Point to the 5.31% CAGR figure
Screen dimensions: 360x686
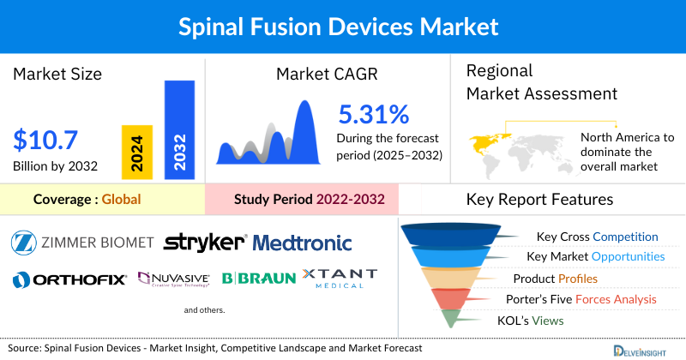373,113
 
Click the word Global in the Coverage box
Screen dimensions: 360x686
121,200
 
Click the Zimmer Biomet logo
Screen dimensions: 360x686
82,243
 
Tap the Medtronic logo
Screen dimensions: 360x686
303,243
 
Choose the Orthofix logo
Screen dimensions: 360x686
69,279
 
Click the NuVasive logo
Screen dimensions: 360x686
174,279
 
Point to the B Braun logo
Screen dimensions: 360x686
259,279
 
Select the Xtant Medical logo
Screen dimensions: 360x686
340,279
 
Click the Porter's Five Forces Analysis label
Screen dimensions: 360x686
585,299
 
